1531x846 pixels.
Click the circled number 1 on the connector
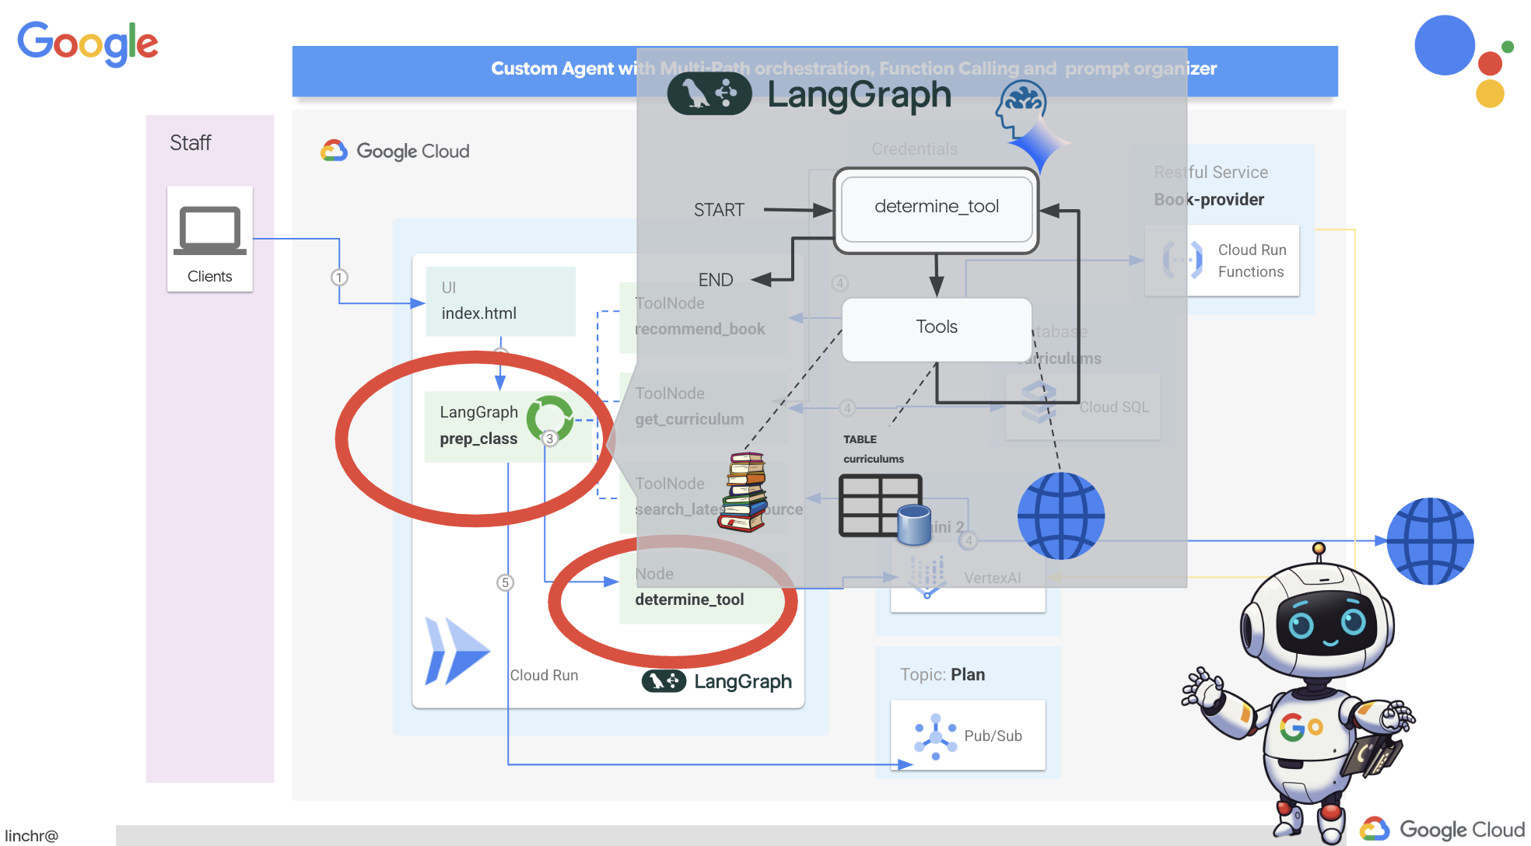pyautogui.click(x=339, y=277)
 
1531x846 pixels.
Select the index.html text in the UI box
pyautogui.click(x=478, y=313)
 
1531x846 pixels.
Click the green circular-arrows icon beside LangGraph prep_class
pyautogui.click(x=549, y=418)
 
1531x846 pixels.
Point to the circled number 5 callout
pyautogui.click(x=506, y=582)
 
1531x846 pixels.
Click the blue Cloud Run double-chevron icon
pyautogui.click(x=456, y=651)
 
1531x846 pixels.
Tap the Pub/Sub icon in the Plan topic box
pyautogui.click(x=935, y=736)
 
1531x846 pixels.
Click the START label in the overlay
pyautogui.click(x=719, y=210)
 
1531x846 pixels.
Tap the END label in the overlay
pyautogui.click(x=716, y=280)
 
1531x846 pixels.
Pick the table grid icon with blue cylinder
pyautogui.click(x=884, y=508)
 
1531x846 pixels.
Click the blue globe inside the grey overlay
pyautogui.click(x=1060, y=516)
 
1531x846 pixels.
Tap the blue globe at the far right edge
pyautogui.click(x=1430, y=541)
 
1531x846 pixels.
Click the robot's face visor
pyautogui.click(x=1326, y=623)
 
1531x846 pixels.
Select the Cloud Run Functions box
pyautogui.click(x=1221, y=260)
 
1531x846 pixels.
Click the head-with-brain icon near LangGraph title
pyautogui.click(x=1021, y=110)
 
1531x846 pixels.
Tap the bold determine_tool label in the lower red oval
pyautogui.click(x=689, y=600)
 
